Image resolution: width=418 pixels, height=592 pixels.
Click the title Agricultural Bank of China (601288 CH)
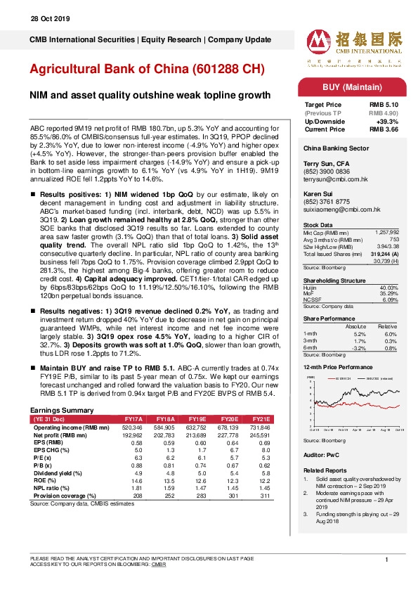pyautogui.click(x=147, y=70)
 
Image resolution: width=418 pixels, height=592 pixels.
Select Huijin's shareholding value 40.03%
pyautogui.click(x=389, y=288)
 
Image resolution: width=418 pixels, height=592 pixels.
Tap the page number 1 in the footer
pyautogui.click(x=387, y=559)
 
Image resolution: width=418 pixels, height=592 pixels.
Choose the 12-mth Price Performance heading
pyautogui.click(x=338, y=367)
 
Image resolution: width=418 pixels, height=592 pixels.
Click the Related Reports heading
pyautogui.click(x=325, y=470)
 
